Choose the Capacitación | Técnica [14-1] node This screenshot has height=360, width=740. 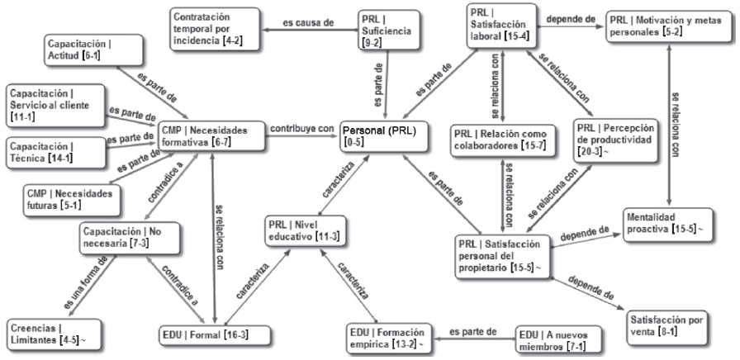(50, 152)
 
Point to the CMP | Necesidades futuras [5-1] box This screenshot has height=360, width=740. (68, 197)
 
